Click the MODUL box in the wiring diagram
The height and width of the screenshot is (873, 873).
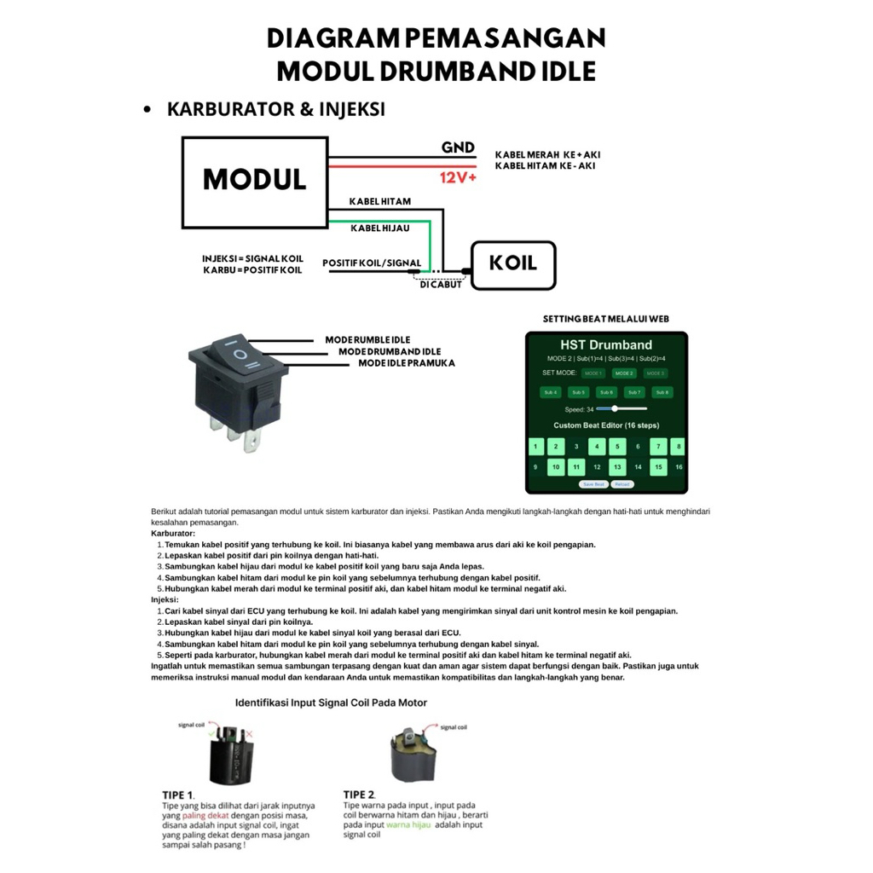click(x=254, y=181)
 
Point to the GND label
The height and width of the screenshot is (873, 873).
click(x=458, y=147)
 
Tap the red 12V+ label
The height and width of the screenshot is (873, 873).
click(x=459, y=178)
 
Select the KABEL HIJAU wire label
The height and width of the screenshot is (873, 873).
click(x=380, y=228)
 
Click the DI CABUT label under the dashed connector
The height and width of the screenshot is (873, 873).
click(x=441, y=285)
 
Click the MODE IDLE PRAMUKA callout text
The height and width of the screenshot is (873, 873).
click(x=407, y=363)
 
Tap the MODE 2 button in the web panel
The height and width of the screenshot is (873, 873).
click(x=624, y=373)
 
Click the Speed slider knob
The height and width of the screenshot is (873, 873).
click(x=614, y=409)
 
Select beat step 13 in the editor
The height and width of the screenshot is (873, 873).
click(x=617, y=466)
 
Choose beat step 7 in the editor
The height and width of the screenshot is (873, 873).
click(x=658, y=446)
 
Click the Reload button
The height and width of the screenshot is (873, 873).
click(x=622, y=484)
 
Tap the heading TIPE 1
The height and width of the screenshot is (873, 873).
click(x=178, y=795)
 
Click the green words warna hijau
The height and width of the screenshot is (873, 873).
click(x=408, y=825)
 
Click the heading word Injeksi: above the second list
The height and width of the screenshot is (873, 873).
click(x=165, y=599)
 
